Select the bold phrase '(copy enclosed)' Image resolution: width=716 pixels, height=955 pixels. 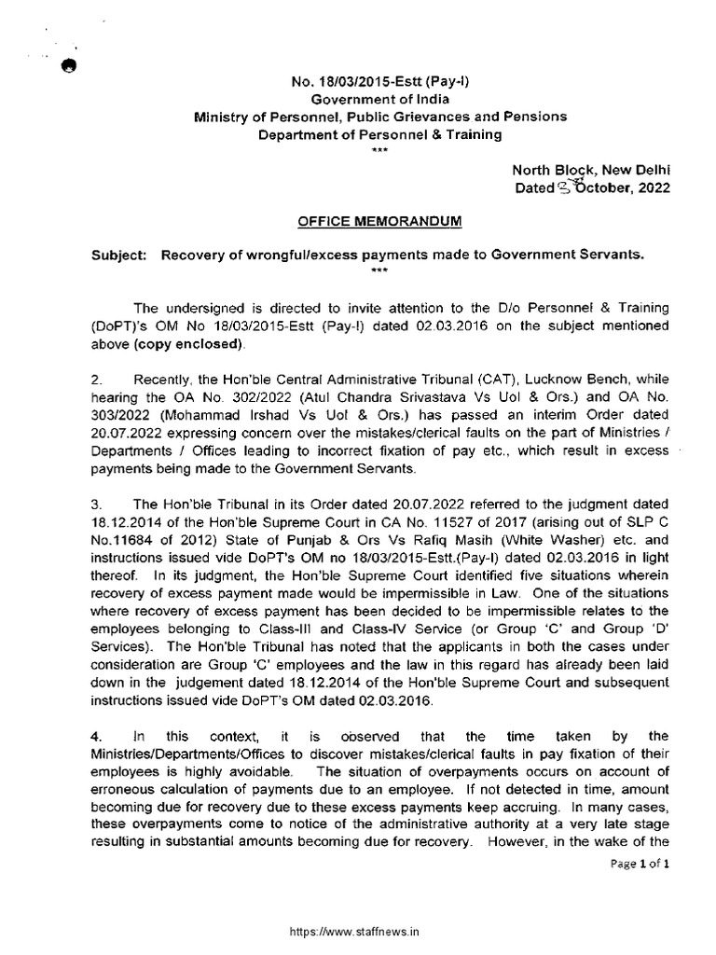point(203,344)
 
